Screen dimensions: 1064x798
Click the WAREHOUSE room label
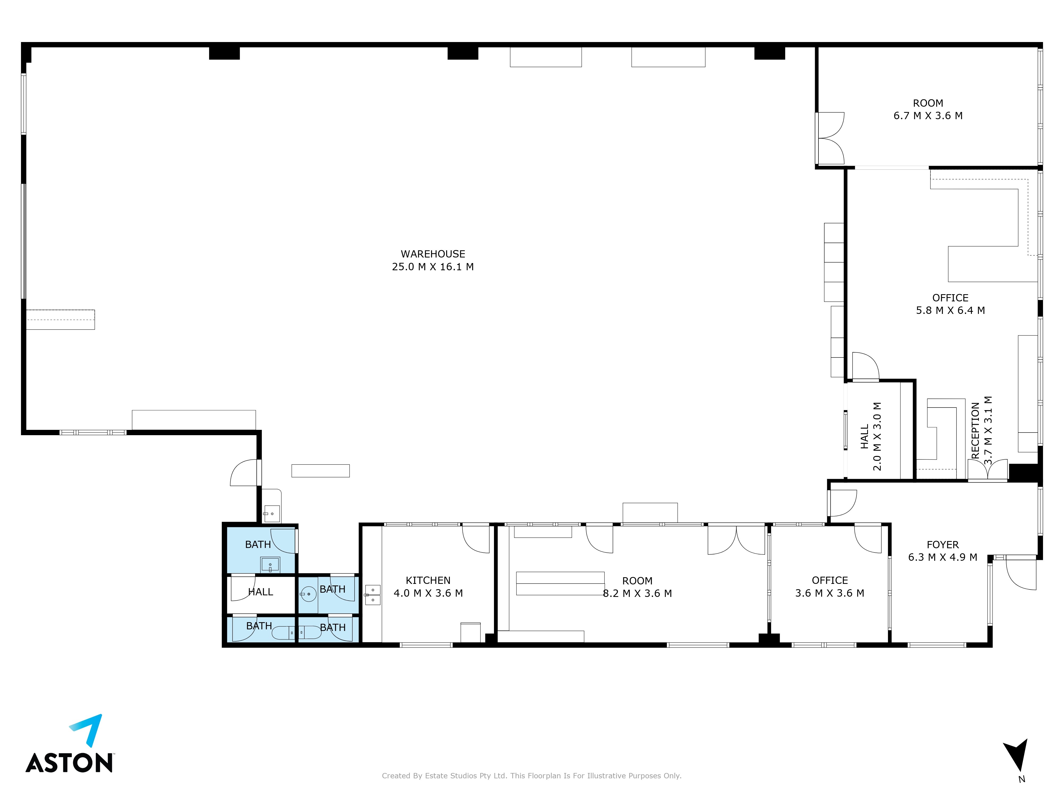point(433,254)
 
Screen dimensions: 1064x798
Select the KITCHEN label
point(428,581)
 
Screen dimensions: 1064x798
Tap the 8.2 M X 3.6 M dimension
point(637,593)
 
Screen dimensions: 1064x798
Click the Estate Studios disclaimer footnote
point(531,776)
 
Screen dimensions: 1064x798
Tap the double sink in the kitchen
point(373,595)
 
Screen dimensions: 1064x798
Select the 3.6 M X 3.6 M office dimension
point(830,593)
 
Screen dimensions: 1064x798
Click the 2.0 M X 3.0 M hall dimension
point(877,436)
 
